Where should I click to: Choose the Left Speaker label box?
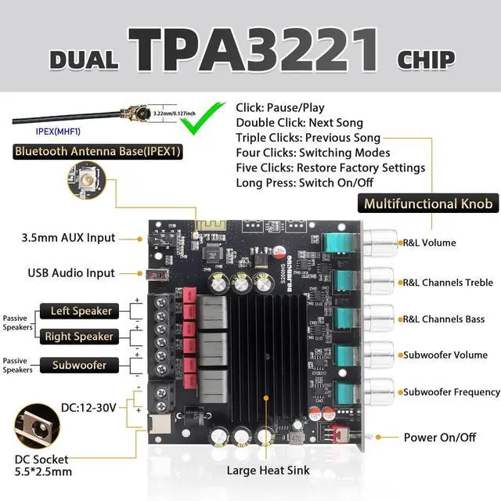81,311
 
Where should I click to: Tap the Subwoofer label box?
79,365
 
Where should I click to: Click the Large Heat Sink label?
269,470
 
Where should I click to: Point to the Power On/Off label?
439,438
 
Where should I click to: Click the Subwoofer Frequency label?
451,391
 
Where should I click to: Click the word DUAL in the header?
84,60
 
